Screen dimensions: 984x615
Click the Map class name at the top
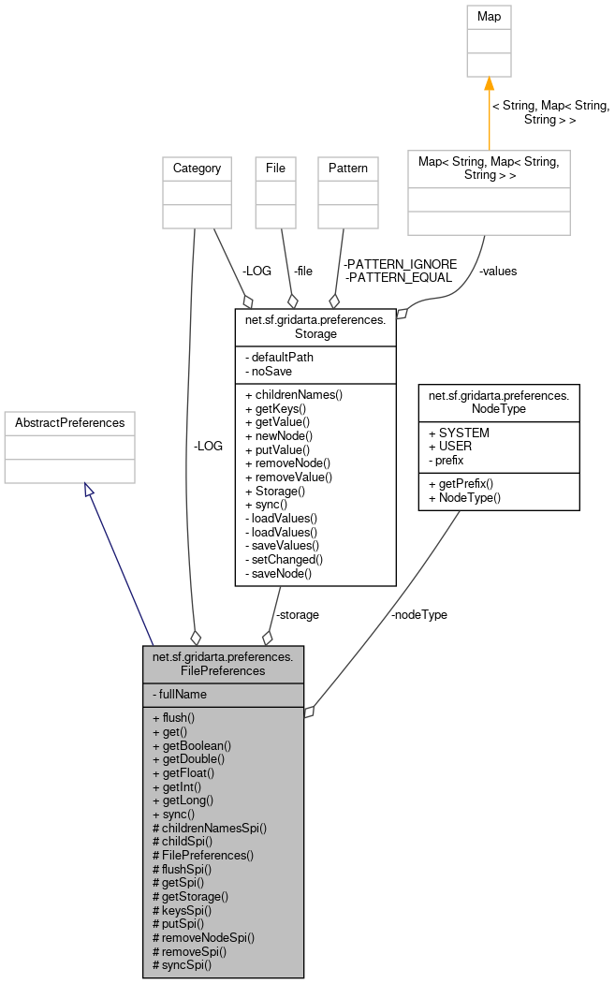(489, 16)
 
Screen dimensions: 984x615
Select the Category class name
(197, 169)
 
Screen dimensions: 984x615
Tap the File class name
(275, 169)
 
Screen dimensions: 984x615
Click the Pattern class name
(348, 169)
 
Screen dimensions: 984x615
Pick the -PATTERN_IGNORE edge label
(400, 264)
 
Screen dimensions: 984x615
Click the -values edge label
(497, 272)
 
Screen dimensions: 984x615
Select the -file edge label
(302, 272)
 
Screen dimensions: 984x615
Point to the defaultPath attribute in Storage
(279, 357)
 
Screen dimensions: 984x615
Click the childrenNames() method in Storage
(293, 394)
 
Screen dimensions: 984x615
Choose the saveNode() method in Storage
(278, 573)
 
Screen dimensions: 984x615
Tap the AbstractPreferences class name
(69, 423)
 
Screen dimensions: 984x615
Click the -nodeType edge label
(418, 615)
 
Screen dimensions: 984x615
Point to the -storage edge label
(297, 615)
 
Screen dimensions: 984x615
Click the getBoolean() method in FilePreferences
(191, 746)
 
